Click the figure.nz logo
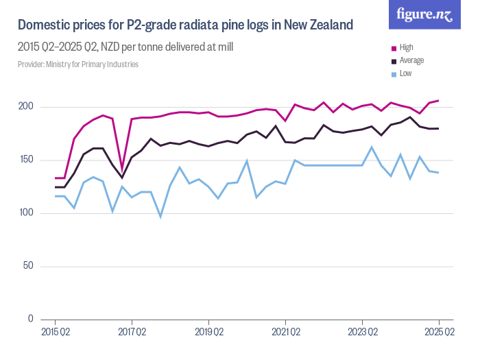click(424, 15)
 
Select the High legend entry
click(407, 47)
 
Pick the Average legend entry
click(411, 60)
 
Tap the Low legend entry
click(405, 73)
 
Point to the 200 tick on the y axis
click(26, 107)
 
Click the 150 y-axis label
click(26, 160)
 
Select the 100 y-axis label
click(26, 213)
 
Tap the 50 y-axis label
click(28, 266)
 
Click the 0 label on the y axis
click(30, 319)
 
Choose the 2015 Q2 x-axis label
click(55, 333)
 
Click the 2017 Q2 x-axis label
click(132, 333)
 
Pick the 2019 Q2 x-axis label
click(208, 333)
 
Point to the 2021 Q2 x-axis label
click(285, 333)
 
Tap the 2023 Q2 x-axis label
click(362, 333)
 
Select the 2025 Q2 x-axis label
click(439, 333)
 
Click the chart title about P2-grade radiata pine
click(185, 26)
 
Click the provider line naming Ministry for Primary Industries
click(78, 64)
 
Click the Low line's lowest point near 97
click(160, 217)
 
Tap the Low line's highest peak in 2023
click(372, 147)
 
